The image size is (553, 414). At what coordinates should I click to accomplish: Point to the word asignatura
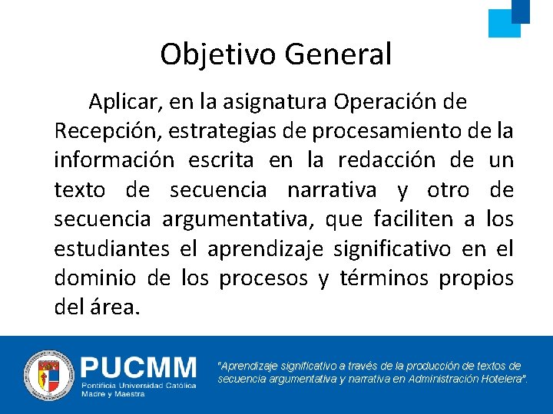(266, 101)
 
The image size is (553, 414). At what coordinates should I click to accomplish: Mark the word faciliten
(413, 219)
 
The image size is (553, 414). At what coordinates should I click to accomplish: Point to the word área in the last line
(118, 308)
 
